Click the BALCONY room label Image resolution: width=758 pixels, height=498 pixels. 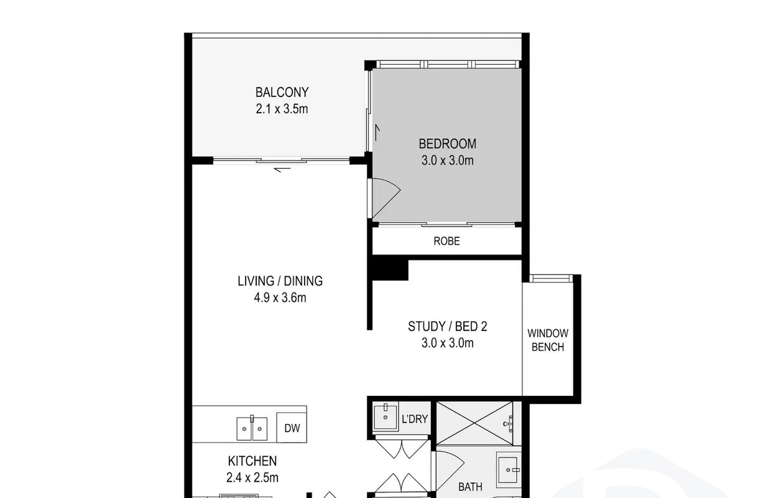coord(282,92)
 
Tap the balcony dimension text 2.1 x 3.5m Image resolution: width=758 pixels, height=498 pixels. coord(282,109)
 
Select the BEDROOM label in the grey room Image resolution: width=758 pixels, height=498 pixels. coord(447,144)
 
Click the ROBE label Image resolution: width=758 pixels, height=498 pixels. coord(446,241)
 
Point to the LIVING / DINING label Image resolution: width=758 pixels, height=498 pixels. coord(280,281)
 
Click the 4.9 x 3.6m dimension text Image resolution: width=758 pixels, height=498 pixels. coord(280,298)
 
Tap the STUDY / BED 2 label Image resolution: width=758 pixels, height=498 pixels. coord(447,326)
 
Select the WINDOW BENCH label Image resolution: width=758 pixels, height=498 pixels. coord(548,340)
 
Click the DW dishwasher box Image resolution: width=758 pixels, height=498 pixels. coord(292,428)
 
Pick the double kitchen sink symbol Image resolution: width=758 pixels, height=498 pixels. coord(252,428)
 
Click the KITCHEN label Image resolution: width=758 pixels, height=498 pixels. coord(252,461)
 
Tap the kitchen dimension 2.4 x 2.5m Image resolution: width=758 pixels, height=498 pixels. coord(252,477)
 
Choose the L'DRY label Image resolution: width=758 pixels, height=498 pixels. coord(415,419)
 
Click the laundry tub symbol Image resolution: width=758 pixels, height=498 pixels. coord(386,417)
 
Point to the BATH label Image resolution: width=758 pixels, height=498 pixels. coord(470,487)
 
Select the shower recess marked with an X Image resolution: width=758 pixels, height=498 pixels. coord(475,423)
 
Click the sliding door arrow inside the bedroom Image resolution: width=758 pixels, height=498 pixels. coord(377,133)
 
